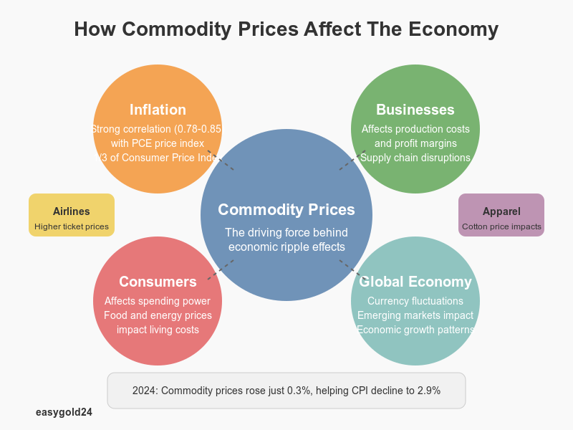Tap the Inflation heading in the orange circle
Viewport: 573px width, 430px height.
pos(158,110)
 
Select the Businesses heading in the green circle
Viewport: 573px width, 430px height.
pos(415,110)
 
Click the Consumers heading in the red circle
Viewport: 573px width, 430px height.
pos(158,282)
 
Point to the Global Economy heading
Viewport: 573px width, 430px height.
pos(415,282)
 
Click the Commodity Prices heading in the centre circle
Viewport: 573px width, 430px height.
pos(286,210)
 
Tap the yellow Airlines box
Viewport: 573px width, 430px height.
pos(72,215)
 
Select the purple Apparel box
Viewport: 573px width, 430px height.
pos(501,215)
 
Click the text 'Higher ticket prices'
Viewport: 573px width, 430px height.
pos(72,227)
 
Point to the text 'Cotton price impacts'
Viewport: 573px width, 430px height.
pos(501,227)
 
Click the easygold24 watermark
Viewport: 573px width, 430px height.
pos(64,413)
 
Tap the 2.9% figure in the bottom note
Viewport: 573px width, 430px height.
pos(427,391)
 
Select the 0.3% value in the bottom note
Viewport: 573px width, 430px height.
pos(295,391)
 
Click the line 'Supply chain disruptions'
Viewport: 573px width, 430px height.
pos(415,158)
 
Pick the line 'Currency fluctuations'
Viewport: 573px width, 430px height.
pos(415,301)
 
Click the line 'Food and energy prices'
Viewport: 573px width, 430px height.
pos(158,315)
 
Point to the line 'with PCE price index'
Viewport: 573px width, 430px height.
pos(158,143)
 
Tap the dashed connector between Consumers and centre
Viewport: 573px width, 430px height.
pos(221,269)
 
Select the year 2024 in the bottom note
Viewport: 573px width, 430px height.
pos(145,391)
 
